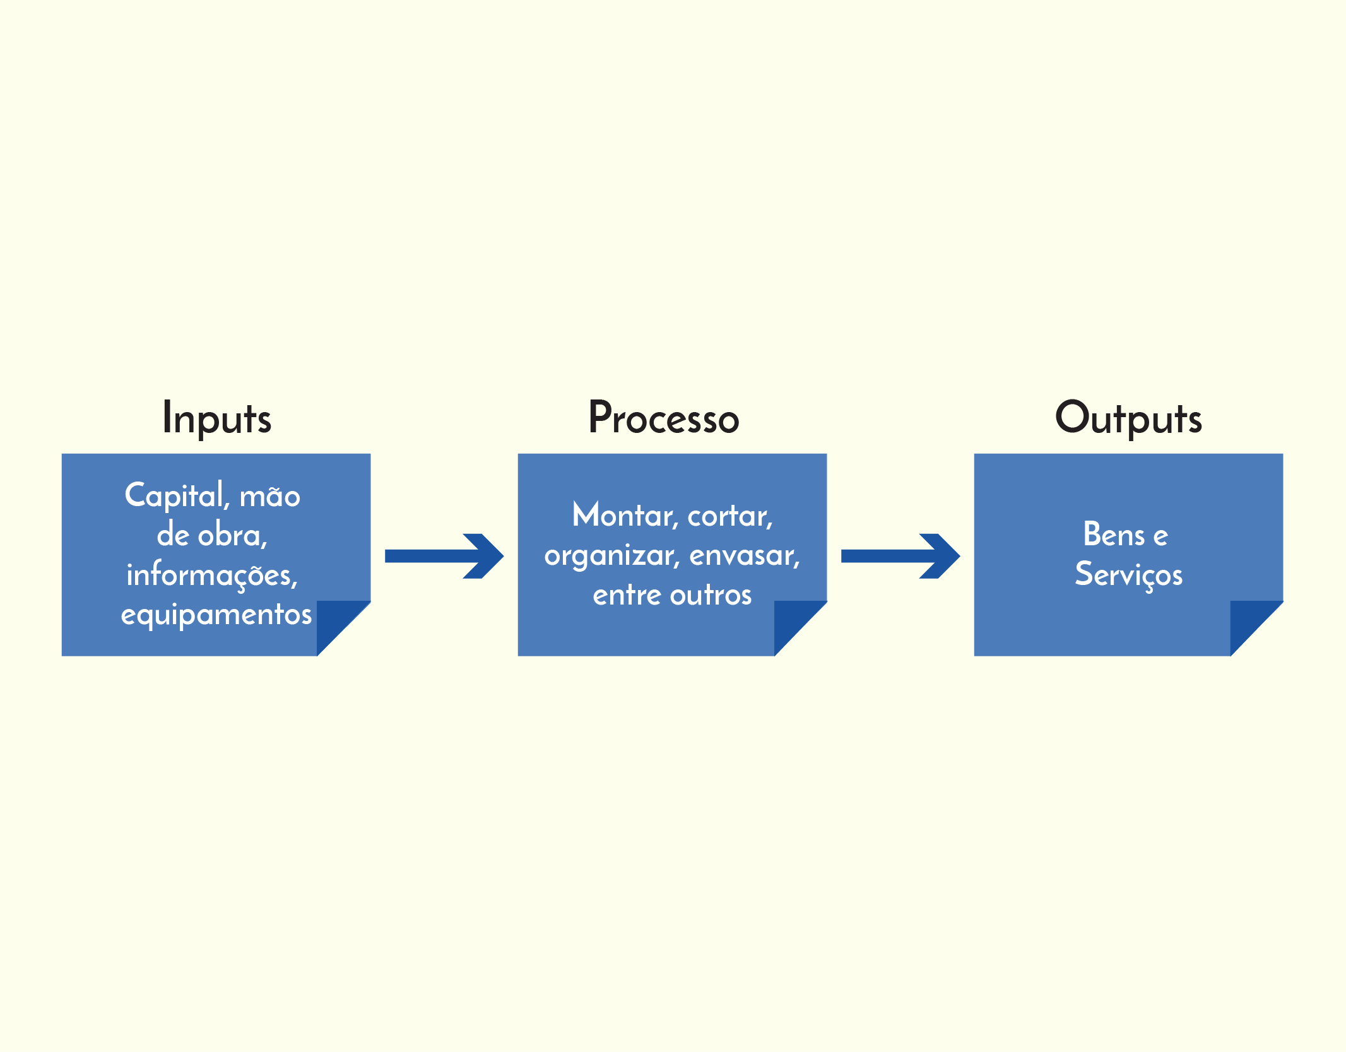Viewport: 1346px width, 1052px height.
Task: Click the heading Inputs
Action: click(x=217, y=418)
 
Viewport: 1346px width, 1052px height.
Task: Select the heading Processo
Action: click(x=664, y=418)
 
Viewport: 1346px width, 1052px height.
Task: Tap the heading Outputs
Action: click(x=1128, y=418)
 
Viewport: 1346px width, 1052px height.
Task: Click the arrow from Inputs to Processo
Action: click(x=444, y=556)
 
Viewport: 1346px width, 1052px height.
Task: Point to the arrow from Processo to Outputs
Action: click(x=900, y=556)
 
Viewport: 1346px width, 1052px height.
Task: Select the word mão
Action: click(x=270, y=496)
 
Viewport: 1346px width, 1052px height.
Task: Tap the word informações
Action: click(x=212, y=576)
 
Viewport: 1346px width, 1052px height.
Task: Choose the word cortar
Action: click(x=730, y=517)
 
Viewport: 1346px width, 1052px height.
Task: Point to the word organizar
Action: click(x=612, y=557)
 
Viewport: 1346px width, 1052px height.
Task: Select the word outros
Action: click(x=711, y=595)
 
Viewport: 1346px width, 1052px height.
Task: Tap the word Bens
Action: click(x=1114, y=535)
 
